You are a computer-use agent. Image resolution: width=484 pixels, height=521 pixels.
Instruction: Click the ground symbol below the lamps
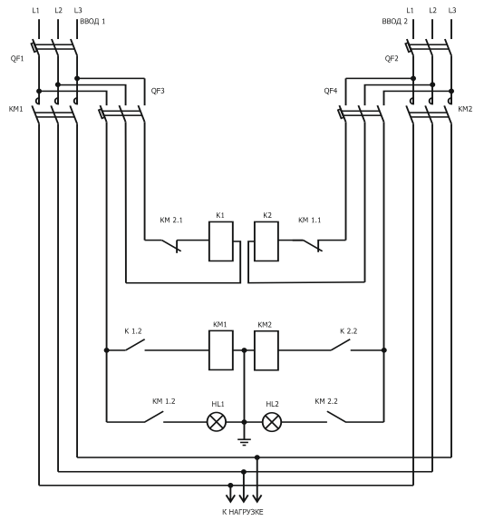(x=244, y=442)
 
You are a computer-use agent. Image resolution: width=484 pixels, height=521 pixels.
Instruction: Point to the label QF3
(x=158, y=91)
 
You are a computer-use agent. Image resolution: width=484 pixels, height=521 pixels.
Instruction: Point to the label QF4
(x=331, y=91)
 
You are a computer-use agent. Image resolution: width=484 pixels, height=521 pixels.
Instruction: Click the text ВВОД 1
(x=92, y=22)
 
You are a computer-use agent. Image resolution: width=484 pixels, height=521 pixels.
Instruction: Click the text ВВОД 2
(x=395, y=22)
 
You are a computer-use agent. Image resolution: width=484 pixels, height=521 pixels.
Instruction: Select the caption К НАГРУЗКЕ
(x=243, y=512)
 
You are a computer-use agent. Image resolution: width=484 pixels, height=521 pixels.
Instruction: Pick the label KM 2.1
(x=171, y=220)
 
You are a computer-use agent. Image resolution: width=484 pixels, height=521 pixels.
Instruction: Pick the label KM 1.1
(x=309, y=220)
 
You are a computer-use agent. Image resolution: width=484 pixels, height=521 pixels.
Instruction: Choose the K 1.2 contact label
(x=133, y=331)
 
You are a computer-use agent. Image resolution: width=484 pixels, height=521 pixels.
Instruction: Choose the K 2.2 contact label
(x=349, y=331)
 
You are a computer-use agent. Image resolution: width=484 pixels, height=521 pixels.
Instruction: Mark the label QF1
(x=17, y=58)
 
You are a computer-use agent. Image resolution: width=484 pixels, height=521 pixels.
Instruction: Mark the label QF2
(x=392, y=58)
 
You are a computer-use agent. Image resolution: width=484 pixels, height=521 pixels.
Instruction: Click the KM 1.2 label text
(x=164, y=401)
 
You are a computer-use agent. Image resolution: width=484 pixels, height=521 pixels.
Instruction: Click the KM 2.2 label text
(x=326, y=401)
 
